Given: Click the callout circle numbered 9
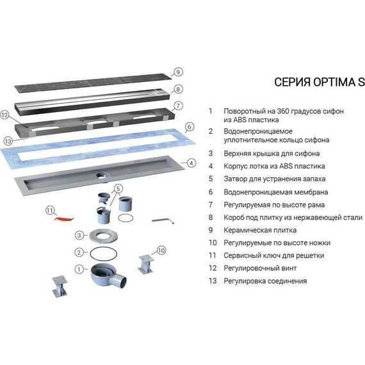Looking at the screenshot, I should (x=179, y=72).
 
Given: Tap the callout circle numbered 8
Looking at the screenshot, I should (x=179, y=89).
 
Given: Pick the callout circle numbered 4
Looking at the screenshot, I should (x=190, y=163).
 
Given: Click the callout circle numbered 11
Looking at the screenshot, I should (x=49, y=210).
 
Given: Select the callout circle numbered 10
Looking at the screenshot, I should (x=161, y=250).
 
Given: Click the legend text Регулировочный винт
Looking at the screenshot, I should (x=260, y=268).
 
